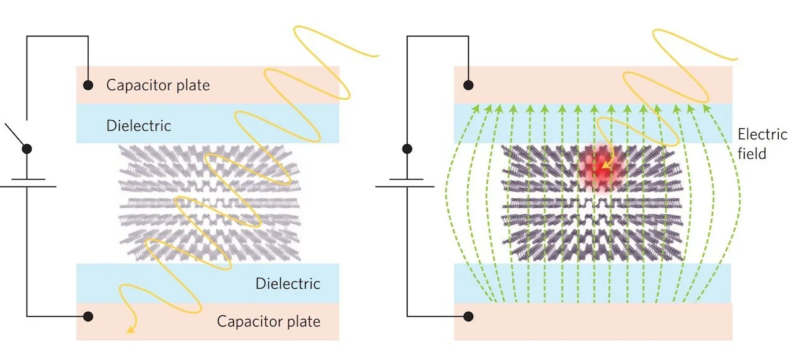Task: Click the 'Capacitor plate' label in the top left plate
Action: point(158,85)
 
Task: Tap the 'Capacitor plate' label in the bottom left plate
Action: point(268,321)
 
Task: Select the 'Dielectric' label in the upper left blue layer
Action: point(139,125)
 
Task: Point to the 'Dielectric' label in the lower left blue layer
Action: point(288,284)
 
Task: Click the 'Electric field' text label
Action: point(761,144)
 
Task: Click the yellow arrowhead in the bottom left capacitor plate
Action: point(129,330)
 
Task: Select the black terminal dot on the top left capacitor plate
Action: point(89,85)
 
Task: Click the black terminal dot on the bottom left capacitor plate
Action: point(89,316)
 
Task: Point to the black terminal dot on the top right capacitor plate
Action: point(469,85)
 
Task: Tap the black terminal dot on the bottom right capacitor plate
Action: point(469,316)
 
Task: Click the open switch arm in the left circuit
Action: point(17,136)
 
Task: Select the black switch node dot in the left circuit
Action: point(27,149)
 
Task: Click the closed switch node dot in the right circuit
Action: point(407,149)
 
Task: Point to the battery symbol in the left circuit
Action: point(27,183)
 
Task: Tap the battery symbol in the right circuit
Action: point(407,183)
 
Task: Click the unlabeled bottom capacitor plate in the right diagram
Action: point(593,322)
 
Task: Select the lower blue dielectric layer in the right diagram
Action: point(593,283)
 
